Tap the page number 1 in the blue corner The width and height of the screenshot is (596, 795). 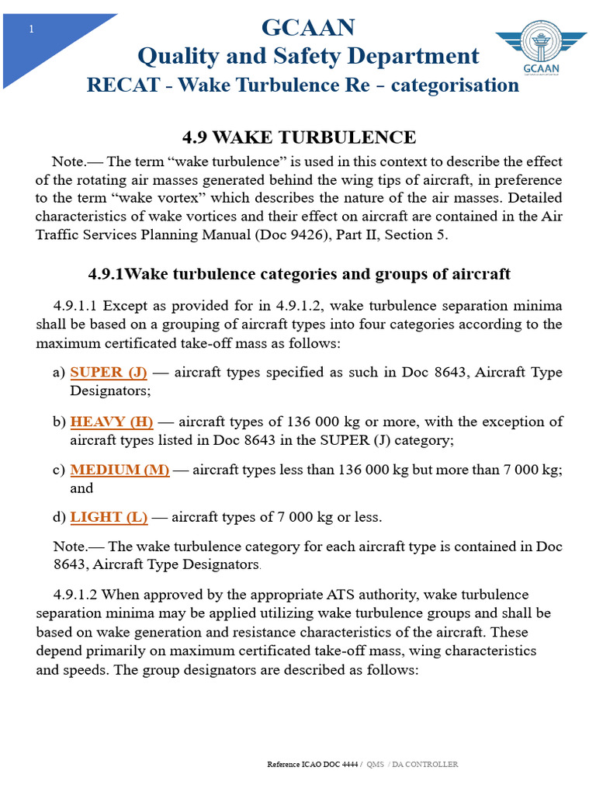point(31,29)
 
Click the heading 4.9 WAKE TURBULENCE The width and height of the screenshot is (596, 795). point(299,137)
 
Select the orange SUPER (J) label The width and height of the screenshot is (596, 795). point(109,372)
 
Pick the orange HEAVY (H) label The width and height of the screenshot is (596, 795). point(112,422)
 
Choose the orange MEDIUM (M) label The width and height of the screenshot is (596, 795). point(120,470)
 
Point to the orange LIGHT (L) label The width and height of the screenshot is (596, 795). point(109,516)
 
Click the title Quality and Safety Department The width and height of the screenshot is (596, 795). point(308,56)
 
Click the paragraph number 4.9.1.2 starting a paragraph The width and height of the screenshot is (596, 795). point(75,595)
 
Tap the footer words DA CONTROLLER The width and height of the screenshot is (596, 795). point(426,764)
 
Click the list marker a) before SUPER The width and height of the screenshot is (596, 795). point(59,372)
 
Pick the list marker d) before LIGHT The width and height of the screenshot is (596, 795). point(59,516)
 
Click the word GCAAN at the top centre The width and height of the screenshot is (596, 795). point(308,28)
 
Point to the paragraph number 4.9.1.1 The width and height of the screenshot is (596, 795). point(75,305)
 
